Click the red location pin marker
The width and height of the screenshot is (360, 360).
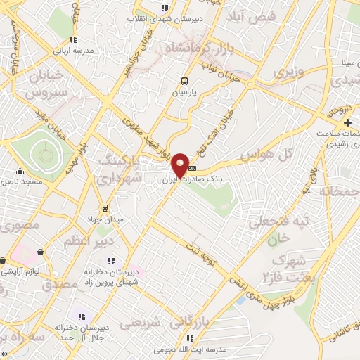[x=181, y=165]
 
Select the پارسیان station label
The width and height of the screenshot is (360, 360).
[x=184, y=91]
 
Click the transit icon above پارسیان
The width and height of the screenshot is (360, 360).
[x=184, y=81]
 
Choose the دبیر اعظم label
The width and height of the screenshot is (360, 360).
[x=85, y=241]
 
